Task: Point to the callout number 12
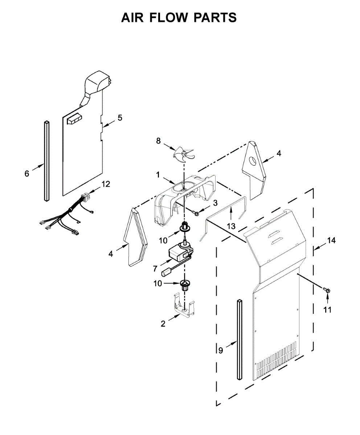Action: (x=106, y=184)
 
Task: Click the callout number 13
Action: (x=231, y=226)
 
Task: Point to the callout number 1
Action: (x=158, y=174)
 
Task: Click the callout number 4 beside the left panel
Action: (x=110, y=254)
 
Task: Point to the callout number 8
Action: (x=158, y=141)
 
